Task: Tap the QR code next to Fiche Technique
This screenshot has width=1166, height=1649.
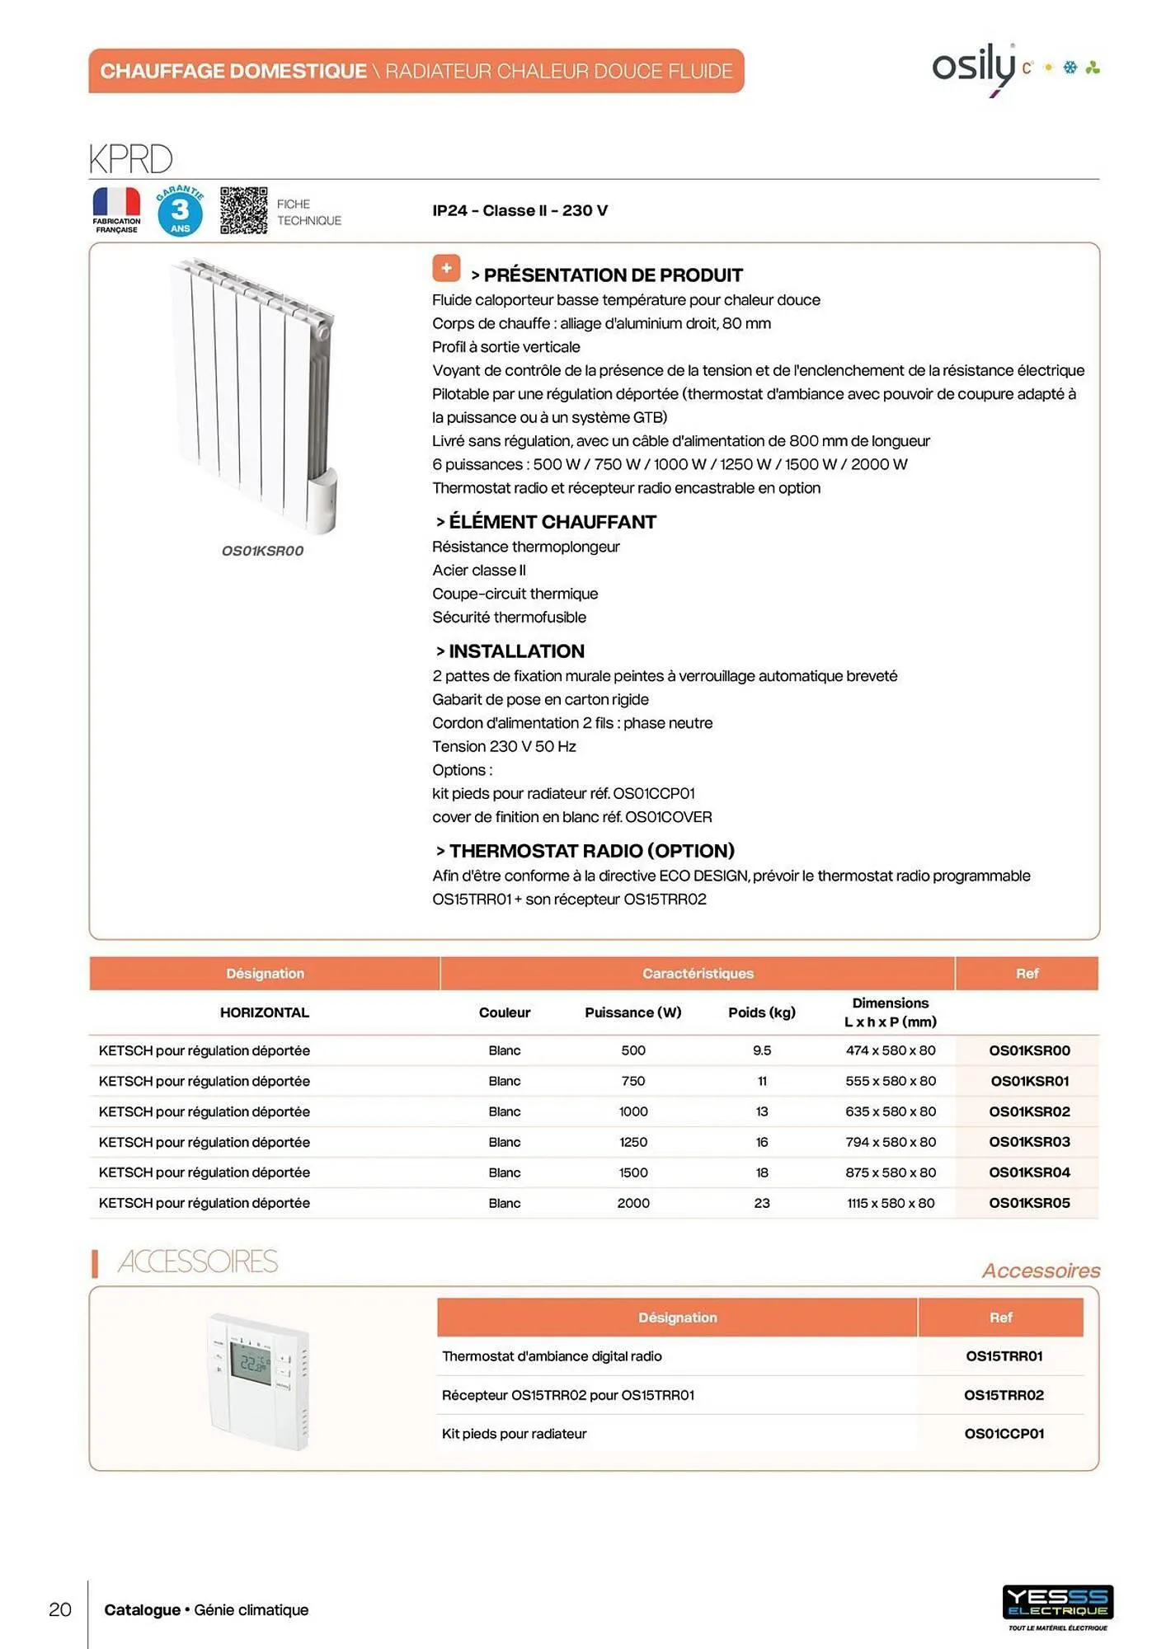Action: (x=243, y=210)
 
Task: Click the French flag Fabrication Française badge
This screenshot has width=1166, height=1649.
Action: (x=116, y=209)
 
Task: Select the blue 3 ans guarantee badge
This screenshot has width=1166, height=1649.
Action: (x=180, y=211)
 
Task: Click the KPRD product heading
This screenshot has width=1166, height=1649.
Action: (x=130, y=159)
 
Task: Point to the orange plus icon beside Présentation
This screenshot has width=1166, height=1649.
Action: (x=446, y=268)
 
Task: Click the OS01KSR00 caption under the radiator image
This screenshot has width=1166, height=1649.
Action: (x=262, y=551)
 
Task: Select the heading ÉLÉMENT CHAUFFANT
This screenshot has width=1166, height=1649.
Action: (x=552, y=522)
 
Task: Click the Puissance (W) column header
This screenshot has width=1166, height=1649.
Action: (x=632, y=1012)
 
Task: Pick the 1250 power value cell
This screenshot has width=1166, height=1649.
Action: (x=632, y=1142)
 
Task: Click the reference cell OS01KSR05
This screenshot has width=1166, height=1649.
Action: (x=1028, y=1203)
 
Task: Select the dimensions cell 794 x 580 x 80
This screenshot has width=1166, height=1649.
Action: (x=890, y=1142)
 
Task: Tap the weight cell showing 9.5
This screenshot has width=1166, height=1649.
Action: (x=761, y=1050)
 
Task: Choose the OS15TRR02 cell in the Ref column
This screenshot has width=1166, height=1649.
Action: (x=1003, y=1395)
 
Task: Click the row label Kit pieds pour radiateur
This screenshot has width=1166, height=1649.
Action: (x=514, y=1434)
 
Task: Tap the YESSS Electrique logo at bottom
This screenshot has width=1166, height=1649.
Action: (x=1057, y=1603)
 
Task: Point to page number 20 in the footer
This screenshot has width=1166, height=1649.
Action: (x=60, y=1609)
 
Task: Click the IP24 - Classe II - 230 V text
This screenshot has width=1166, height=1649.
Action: (x=520, y=211)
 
